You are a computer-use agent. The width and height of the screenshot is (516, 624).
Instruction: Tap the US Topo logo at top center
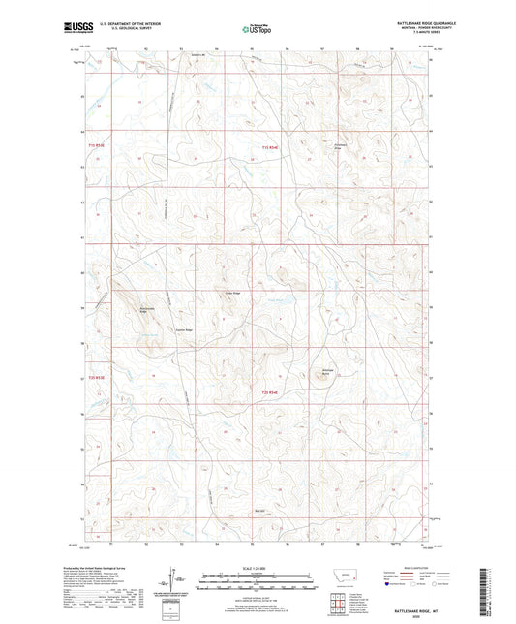(257, 29)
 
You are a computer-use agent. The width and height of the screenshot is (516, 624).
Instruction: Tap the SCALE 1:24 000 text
(257, 567)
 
